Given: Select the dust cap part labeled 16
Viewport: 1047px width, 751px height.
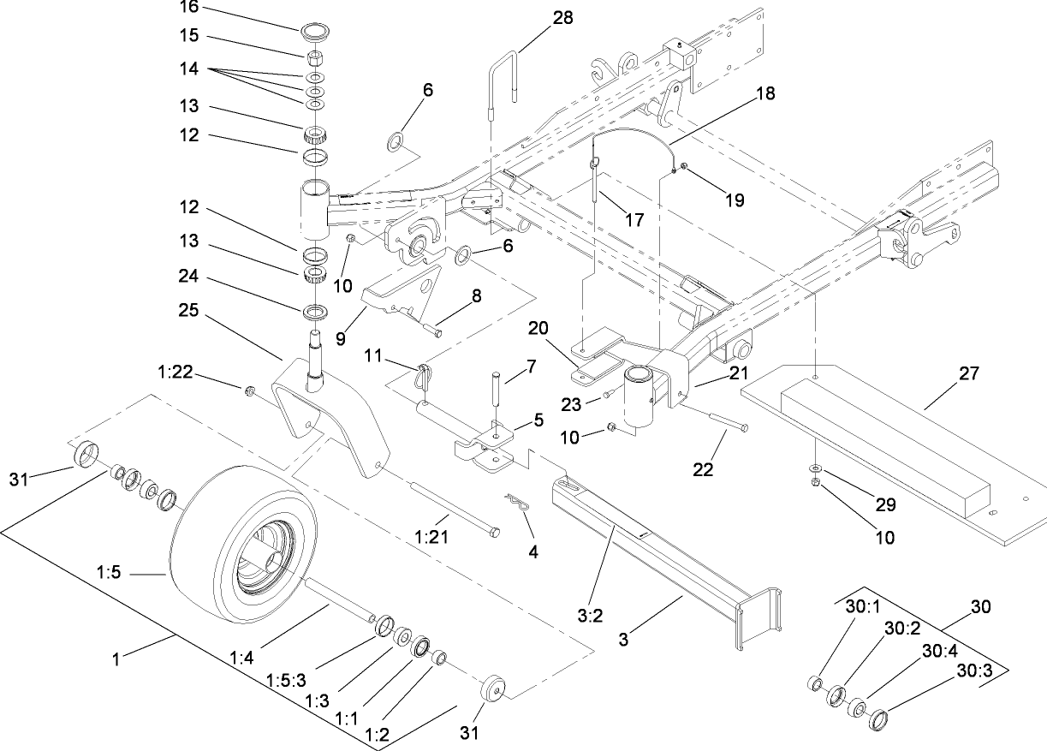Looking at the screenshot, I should [x=315, y=33].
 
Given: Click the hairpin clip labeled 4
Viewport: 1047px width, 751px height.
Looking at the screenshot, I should [x=514, y=504].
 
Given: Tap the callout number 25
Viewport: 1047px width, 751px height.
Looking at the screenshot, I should [x=190, y=311].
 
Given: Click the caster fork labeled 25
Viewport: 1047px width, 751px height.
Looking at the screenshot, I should [x=334, y=420].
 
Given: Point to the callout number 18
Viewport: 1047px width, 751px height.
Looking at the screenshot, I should [x=764, y=94].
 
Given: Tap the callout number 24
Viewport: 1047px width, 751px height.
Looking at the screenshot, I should [x=190, y=276].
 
